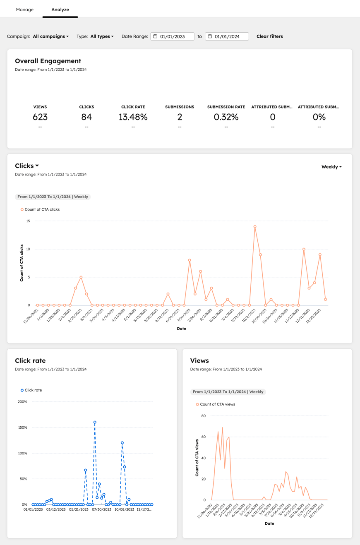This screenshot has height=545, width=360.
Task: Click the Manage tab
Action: [x=25, y=10]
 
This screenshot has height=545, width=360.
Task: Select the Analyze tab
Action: [x=60, y=10]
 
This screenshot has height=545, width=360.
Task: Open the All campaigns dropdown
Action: [x=50, y=36]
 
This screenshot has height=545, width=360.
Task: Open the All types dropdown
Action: [x=102, y=36]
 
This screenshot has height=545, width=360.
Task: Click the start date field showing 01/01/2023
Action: [x=173, y=36]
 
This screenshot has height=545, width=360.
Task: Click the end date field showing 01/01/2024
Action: [x=227, y=36]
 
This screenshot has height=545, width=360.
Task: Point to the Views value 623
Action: [x=40, y=117]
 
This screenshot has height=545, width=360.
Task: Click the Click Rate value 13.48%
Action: [x=133, y=117]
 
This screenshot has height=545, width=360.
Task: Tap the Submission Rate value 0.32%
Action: [x=226, y=117]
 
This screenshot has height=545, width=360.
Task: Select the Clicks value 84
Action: [x=86, y=117]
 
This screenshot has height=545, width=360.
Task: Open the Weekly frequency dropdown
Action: [x=331, y=167]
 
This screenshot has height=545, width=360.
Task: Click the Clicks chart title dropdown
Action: [x=27, y=166]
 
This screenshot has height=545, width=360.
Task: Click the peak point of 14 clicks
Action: [x=255, y=227]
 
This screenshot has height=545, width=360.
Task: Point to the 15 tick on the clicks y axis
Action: [x=28, y=221]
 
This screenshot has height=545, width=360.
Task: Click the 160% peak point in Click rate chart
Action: [x=95, y=423]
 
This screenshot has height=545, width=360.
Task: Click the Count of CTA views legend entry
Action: [x=215, y=404]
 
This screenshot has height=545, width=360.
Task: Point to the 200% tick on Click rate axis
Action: [x=22, y=402]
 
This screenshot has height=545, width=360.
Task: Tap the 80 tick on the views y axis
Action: [x=203, y=416]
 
